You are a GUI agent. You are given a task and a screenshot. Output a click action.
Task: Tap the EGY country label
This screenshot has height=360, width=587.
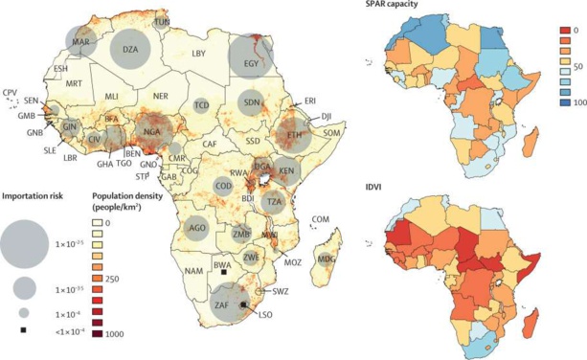pyautogui.click(x=252, y=64)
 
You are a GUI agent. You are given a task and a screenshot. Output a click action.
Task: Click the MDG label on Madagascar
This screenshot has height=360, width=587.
pyautogui.click(x=327, y=259)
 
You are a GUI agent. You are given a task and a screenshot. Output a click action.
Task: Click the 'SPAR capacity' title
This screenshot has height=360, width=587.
pyautogui.click(x=414, y=10)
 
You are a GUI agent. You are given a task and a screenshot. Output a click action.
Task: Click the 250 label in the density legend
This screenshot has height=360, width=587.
pyautogui.click(x=116, y=278)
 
